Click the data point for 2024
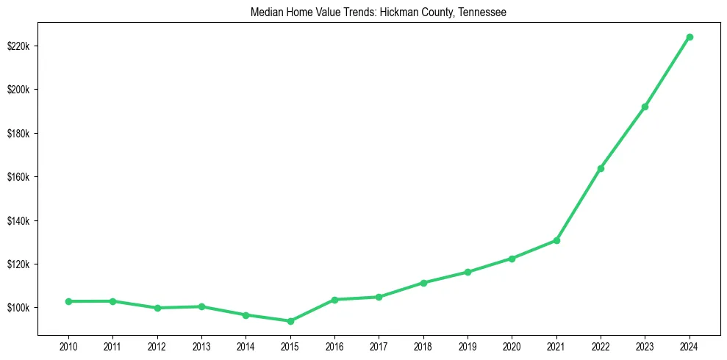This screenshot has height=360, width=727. pyautogui.click(x=690, y=37)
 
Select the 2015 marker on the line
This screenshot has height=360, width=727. pyautogui.click(x=290, y=321)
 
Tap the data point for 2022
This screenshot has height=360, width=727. pyautogui.click(x=601, y=168)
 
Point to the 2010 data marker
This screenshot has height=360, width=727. pyautogui.click(x=68, y=301)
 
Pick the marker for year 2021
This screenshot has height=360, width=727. pyautogui.click(x=556, y=240)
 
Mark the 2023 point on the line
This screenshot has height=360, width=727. pyautogui.click(x=645, y=107)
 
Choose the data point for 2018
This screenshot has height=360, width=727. pyautogui.click(x=423, y=283)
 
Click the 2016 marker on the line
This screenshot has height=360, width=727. pyautogui.click(x=334, y=300)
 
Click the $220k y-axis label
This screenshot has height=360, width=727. pyautogui.click(x=18, y=46)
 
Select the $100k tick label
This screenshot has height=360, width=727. pyautogui.click(x=18, y=308)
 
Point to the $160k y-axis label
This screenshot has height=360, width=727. pyautogui.click(x=18, y=177)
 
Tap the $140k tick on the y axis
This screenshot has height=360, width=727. pyautogui.click(x=18, y=220)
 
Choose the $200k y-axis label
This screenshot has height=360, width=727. pyautogui.click(x=18, y=90)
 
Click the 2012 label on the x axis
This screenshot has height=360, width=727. pyautogui.click(x=157, y=345)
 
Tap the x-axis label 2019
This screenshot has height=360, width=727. pyautogui.click(x=468, y=345)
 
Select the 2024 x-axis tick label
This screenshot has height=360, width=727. pyautogui.click(x=690, y=345)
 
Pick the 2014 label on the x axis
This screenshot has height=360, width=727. pyautogui.click(x=246, y=345)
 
